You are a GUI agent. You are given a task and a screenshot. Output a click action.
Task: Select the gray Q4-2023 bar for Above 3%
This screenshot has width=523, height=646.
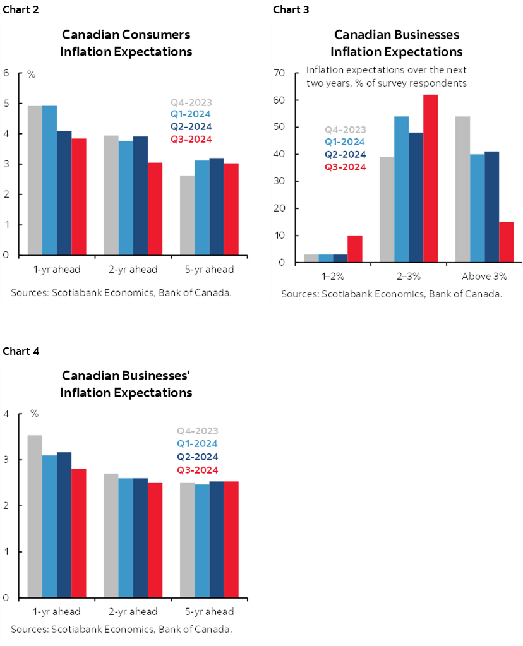pos(462,189)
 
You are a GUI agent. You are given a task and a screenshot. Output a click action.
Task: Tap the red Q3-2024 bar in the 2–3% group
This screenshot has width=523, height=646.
pos(430,179)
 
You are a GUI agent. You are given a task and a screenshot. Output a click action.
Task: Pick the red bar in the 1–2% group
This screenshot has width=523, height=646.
pos(355,249)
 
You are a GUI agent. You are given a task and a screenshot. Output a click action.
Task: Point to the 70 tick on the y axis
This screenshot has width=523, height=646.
pos(281,73)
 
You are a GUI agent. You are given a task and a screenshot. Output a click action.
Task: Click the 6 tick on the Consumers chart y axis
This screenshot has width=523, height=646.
pos(6,73)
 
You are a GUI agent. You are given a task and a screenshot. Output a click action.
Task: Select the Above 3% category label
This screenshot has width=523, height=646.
pos(484,276)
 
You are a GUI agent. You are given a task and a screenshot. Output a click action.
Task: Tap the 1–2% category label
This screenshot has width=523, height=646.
pos(333,276)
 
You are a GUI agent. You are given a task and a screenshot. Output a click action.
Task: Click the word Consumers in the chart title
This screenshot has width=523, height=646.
pos(158,34)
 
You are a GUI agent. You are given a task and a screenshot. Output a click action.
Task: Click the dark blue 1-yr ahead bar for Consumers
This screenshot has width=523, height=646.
pos(64,193)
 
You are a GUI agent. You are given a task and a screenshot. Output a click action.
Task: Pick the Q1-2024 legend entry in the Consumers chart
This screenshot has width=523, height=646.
pos(191,114)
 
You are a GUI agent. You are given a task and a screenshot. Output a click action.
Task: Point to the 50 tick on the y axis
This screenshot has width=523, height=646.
pos(281,127)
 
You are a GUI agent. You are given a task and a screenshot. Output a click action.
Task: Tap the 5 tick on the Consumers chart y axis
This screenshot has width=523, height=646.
pos(6,104)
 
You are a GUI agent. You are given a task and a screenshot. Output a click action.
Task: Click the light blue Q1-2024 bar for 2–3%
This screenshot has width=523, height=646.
pos(401,189)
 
